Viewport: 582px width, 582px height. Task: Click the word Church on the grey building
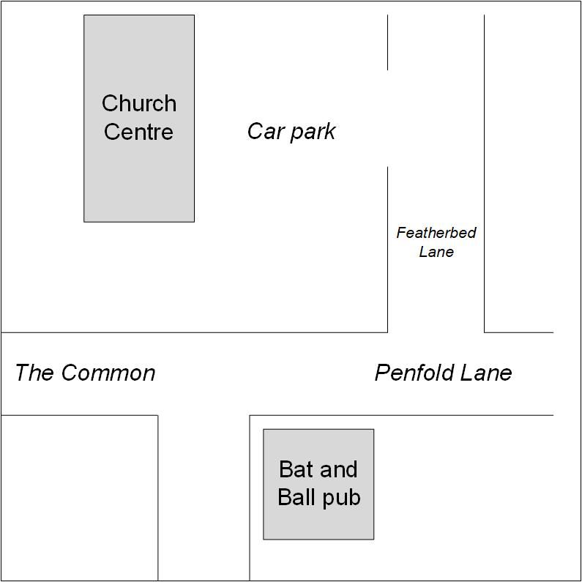[x=139, y=102]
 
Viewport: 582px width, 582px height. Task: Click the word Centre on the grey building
[x=138, y=132]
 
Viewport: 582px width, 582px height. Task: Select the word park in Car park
[x=313, y=133]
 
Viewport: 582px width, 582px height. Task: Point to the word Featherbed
[x=436, y=233]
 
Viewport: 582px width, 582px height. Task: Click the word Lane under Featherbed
[x=436, y=252]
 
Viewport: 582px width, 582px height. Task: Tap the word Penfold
[x=415, y=373]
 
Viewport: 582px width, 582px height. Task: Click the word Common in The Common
[x=108, y=373]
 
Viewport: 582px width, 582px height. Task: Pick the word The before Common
[x=34, y=373]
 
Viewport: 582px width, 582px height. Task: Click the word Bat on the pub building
[x=296, y=469]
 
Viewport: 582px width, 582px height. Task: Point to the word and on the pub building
[x=338, y=469]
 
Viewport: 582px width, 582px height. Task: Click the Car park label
[x=291, y=133]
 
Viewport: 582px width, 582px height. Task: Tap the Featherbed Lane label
[x=436, y=242]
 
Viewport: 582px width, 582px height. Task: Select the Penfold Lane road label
[x=444, y=373]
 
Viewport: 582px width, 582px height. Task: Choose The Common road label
[x=86, y=373]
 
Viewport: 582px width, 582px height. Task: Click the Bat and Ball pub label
[x=319, y=485]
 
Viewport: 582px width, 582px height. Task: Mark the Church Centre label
[x=139, y=117]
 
